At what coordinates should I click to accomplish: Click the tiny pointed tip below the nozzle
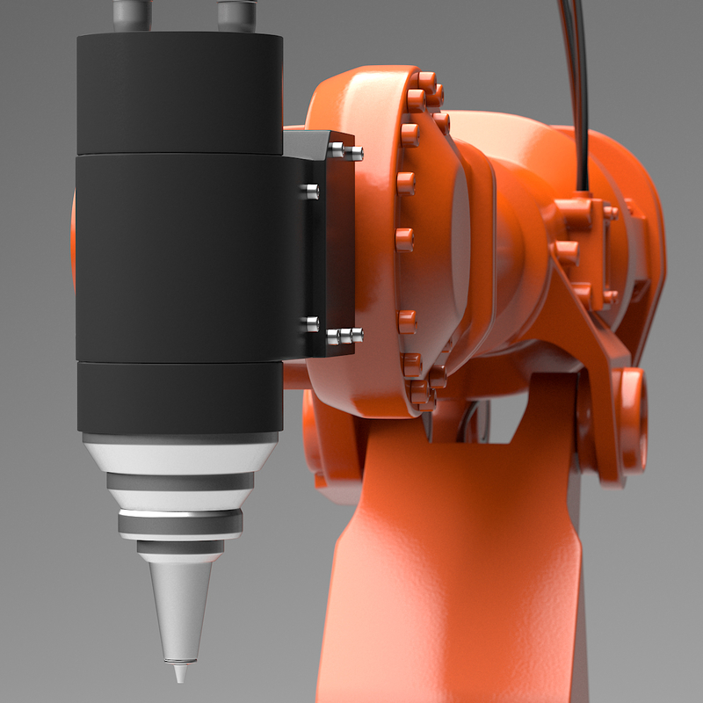[x=180, y=673]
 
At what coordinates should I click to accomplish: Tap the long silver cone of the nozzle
[x=180, y=606]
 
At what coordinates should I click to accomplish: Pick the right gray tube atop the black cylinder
[x=236, y=14]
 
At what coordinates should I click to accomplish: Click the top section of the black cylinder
[x=180, y=92]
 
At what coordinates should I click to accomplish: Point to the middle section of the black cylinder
[x=180, y=255]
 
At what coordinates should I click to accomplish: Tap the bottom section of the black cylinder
[x=180, y=395]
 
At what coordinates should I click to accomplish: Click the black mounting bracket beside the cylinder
[x=316, y=246]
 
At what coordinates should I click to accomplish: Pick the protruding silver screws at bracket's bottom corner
[x=344, y=335]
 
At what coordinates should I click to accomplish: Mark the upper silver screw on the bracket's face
[x=309, y=189]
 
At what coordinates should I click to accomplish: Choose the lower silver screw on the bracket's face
[x=309, y=324]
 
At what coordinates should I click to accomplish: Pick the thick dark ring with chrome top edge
[x=180, y=523]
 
